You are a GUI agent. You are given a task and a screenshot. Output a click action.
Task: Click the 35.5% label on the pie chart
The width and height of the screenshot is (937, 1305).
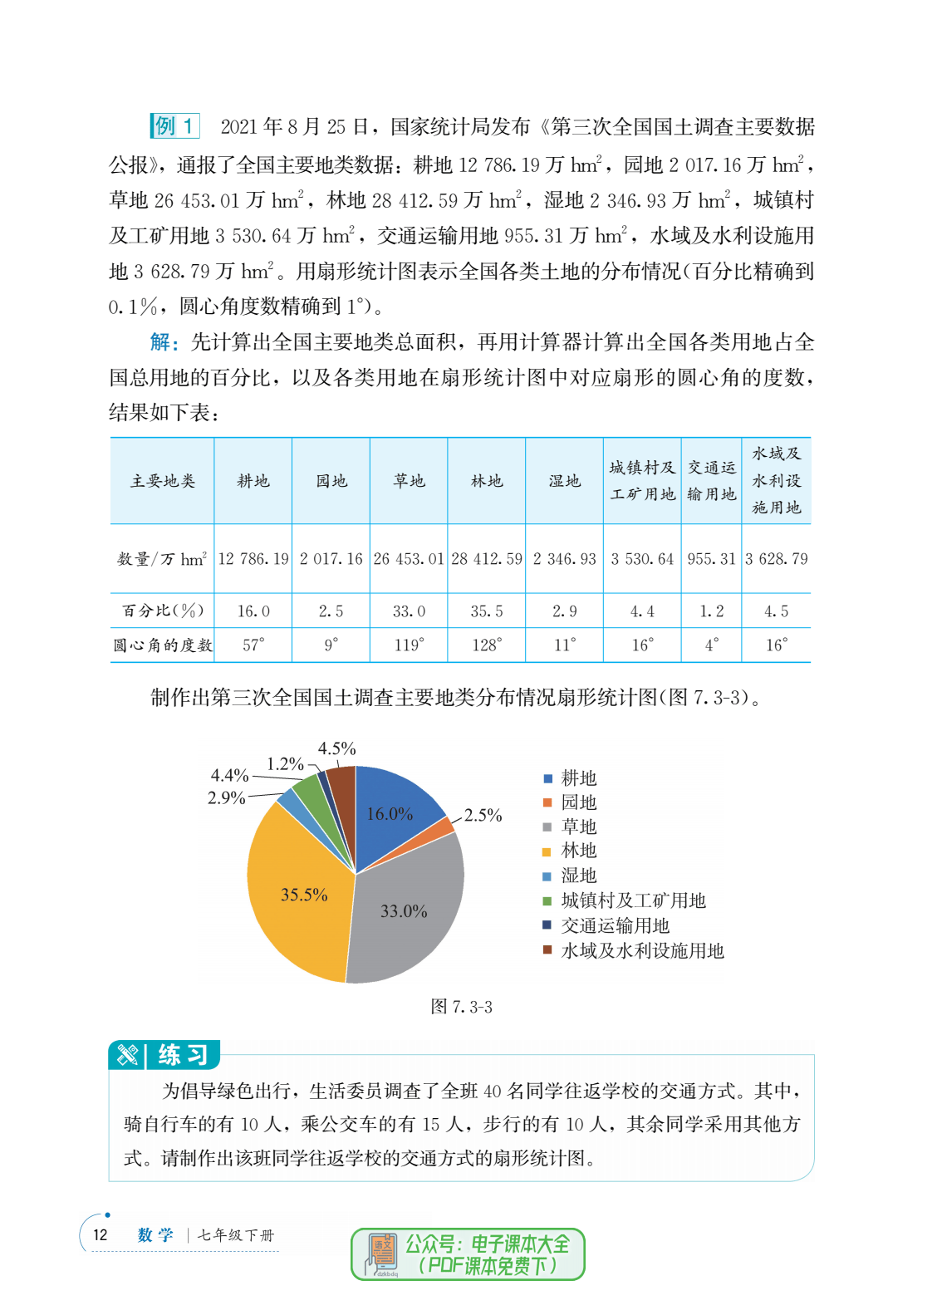click(x=304, y=895)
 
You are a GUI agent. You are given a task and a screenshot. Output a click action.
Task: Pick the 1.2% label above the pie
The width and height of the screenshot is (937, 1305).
click(x=285, y=764)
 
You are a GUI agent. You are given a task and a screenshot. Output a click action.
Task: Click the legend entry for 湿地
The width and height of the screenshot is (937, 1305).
click(x=578, y=876)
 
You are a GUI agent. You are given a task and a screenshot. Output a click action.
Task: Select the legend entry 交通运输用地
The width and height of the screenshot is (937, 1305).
click(x=615, y=925)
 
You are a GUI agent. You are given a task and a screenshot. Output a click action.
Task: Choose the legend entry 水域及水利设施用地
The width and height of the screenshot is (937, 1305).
click(x=641, y=950)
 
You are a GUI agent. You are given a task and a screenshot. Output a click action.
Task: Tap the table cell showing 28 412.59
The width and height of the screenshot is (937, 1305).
click(x=487, y=559)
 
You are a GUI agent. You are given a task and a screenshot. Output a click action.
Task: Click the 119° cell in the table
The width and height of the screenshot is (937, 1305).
click(x=409, y=645)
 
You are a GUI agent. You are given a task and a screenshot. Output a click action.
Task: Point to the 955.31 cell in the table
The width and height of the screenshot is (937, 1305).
click(x=711, y=559)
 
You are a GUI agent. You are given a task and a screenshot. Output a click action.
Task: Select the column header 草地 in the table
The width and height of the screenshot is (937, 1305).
click(x=409, y=481)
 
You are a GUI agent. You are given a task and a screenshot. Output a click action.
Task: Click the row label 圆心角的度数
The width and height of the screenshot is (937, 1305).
click(x=163, y=645)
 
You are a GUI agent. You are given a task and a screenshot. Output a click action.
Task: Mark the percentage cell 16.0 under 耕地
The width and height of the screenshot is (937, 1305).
click(x=253, y=611)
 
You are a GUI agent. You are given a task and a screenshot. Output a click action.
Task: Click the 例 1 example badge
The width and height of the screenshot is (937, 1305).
click(x=174, y=126)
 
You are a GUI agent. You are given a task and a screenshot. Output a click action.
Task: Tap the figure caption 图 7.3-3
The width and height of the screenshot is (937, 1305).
click(x=461, y=1007)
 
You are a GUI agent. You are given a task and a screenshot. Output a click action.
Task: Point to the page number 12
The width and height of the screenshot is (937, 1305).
click(x=101, y=1234)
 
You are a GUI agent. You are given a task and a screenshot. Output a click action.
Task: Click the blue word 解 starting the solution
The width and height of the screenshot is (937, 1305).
click(x=161, y=341)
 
